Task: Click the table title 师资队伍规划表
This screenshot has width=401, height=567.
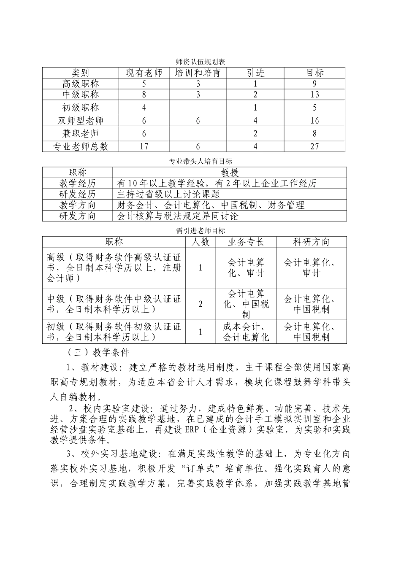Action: click(x=200, y=62)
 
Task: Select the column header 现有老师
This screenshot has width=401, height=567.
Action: click(x=144, y=73)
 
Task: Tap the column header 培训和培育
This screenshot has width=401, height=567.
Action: click(x=198, y=73)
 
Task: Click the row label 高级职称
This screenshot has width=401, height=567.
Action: click(x=80, y=84)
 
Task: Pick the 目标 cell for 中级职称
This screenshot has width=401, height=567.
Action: click(x=314, y=94)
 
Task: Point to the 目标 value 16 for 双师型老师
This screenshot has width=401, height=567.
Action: click(x=314, y=121)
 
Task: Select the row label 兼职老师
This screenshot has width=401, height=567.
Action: click(x=80, y=134)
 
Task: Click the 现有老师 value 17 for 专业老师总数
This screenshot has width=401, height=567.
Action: click(x=144, y=146)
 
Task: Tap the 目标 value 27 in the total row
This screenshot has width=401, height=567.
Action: click(x=314, y=146)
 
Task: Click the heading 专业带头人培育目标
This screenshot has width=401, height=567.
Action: click(x=200, y=161)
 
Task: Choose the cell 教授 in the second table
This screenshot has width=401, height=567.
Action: click(x=230, y=173)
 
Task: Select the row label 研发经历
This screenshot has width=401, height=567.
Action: click(x=77, y=194)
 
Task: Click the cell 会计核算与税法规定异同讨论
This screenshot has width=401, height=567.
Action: click(x=178, y=216)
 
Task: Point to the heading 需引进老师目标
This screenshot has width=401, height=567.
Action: click(x=200, y=231)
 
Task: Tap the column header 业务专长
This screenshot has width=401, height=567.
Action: click(x=246, y=242)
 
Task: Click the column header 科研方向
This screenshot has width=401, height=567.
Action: click(x=311, y=242)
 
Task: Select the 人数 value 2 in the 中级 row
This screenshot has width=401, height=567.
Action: click(x=200, y=304)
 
